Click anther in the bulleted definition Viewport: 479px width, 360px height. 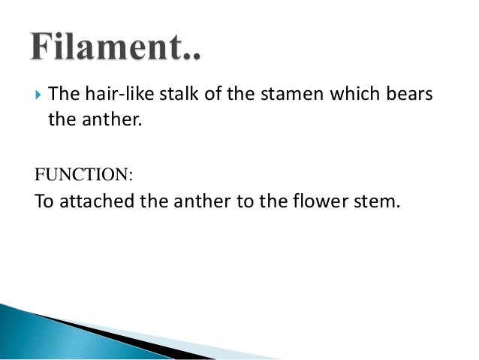pos(110,118)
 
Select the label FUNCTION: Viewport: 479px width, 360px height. pos(83,175)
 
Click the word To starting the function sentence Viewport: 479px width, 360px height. pos(45,202)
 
